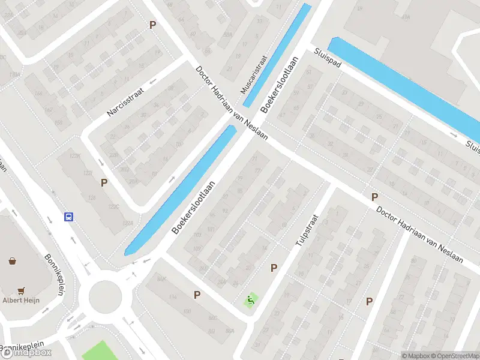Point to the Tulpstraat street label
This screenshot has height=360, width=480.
tap(305, 230)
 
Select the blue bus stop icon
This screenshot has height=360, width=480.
tap(69, 217)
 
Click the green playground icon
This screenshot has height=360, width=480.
tap(251, 299)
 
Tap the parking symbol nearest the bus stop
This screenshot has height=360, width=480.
tap(104, 182)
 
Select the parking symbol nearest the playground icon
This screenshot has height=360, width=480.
tap(274, 268)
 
